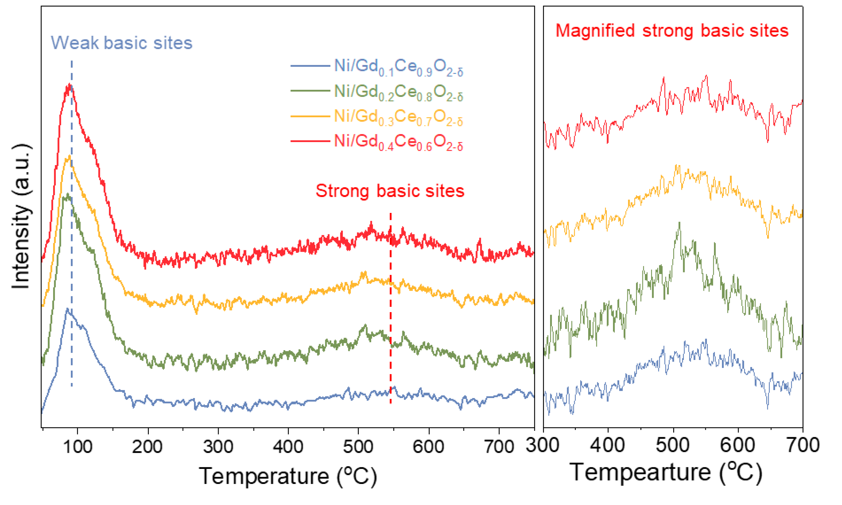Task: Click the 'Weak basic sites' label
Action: click(x=121, y=43)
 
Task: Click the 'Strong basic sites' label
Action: click(x=390, y=191)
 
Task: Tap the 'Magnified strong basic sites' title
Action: click(x=672, y=31)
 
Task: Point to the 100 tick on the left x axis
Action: click(x=78, y=447)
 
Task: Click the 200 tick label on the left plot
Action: click(x=147, y=447)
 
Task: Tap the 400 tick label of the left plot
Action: click(x=288, y=447)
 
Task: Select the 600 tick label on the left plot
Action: click(x=428, y=447)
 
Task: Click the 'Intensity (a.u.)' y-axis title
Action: click(x=21, y=217)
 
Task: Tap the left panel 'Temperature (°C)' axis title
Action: click(x=288, y=476)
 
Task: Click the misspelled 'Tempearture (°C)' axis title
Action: click(x=666, y=472)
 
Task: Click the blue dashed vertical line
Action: click(x=72, y=238)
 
